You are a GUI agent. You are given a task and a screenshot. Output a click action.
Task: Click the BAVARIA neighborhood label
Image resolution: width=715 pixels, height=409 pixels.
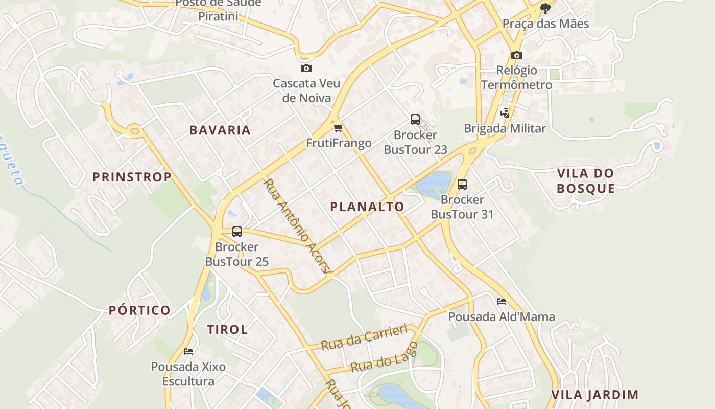pos(220,130)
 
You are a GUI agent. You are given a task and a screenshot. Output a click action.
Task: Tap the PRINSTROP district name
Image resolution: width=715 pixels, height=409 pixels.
pos(132,177)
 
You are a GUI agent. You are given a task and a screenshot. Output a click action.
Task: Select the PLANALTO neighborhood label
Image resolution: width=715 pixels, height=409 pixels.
pos(367,207)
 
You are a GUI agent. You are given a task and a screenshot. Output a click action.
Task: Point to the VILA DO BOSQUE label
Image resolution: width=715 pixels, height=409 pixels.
pos(585,180)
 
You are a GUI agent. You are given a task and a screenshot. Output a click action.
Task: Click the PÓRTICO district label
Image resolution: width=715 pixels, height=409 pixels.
pos(139,310)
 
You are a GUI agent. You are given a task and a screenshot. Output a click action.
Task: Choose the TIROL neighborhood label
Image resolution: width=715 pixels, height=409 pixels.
pos(227,329)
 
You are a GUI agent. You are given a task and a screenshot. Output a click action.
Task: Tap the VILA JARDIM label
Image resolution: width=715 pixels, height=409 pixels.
pos(595,395)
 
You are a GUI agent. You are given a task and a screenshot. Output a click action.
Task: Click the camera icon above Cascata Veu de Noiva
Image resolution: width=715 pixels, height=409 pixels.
pos(306,68)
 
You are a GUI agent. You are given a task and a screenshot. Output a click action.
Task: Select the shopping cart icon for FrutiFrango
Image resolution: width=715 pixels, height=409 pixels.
pos(338,128)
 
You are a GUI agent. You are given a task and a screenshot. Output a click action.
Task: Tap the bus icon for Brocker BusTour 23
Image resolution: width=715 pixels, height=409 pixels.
pos(415,120)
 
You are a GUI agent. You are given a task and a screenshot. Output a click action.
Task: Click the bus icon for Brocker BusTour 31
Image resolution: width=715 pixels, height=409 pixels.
pos(462,184)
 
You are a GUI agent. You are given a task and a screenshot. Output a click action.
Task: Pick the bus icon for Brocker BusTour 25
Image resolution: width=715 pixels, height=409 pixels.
pos(236,231)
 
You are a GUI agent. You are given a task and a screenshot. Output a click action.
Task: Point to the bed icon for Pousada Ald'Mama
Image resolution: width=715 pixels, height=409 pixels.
pos(502,302)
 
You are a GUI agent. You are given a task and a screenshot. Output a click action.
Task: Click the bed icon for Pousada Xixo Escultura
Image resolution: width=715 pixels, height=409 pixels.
pos(188,352)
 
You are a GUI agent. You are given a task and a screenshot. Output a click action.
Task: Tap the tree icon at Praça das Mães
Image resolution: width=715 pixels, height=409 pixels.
pos(545,8)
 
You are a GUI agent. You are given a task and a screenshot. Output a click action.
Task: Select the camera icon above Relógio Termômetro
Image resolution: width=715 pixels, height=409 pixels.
pos(516,55)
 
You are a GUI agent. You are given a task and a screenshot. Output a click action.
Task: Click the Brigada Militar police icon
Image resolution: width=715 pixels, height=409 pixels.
pos(505,113)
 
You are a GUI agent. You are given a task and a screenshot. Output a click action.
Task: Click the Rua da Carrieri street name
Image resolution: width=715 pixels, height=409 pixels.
pos(364,337)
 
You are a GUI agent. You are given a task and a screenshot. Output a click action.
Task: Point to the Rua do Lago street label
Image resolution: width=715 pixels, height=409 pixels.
pos(384,357)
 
